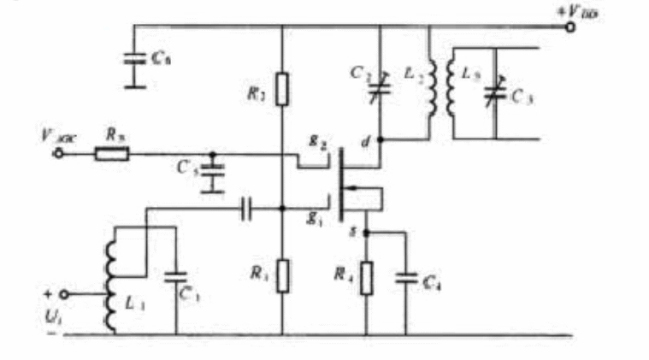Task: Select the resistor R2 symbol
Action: click(282, 87)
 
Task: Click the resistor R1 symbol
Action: click(282, 275)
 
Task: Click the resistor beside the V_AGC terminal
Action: click(111, 155)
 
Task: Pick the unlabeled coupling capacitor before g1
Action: click(247, 207)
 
